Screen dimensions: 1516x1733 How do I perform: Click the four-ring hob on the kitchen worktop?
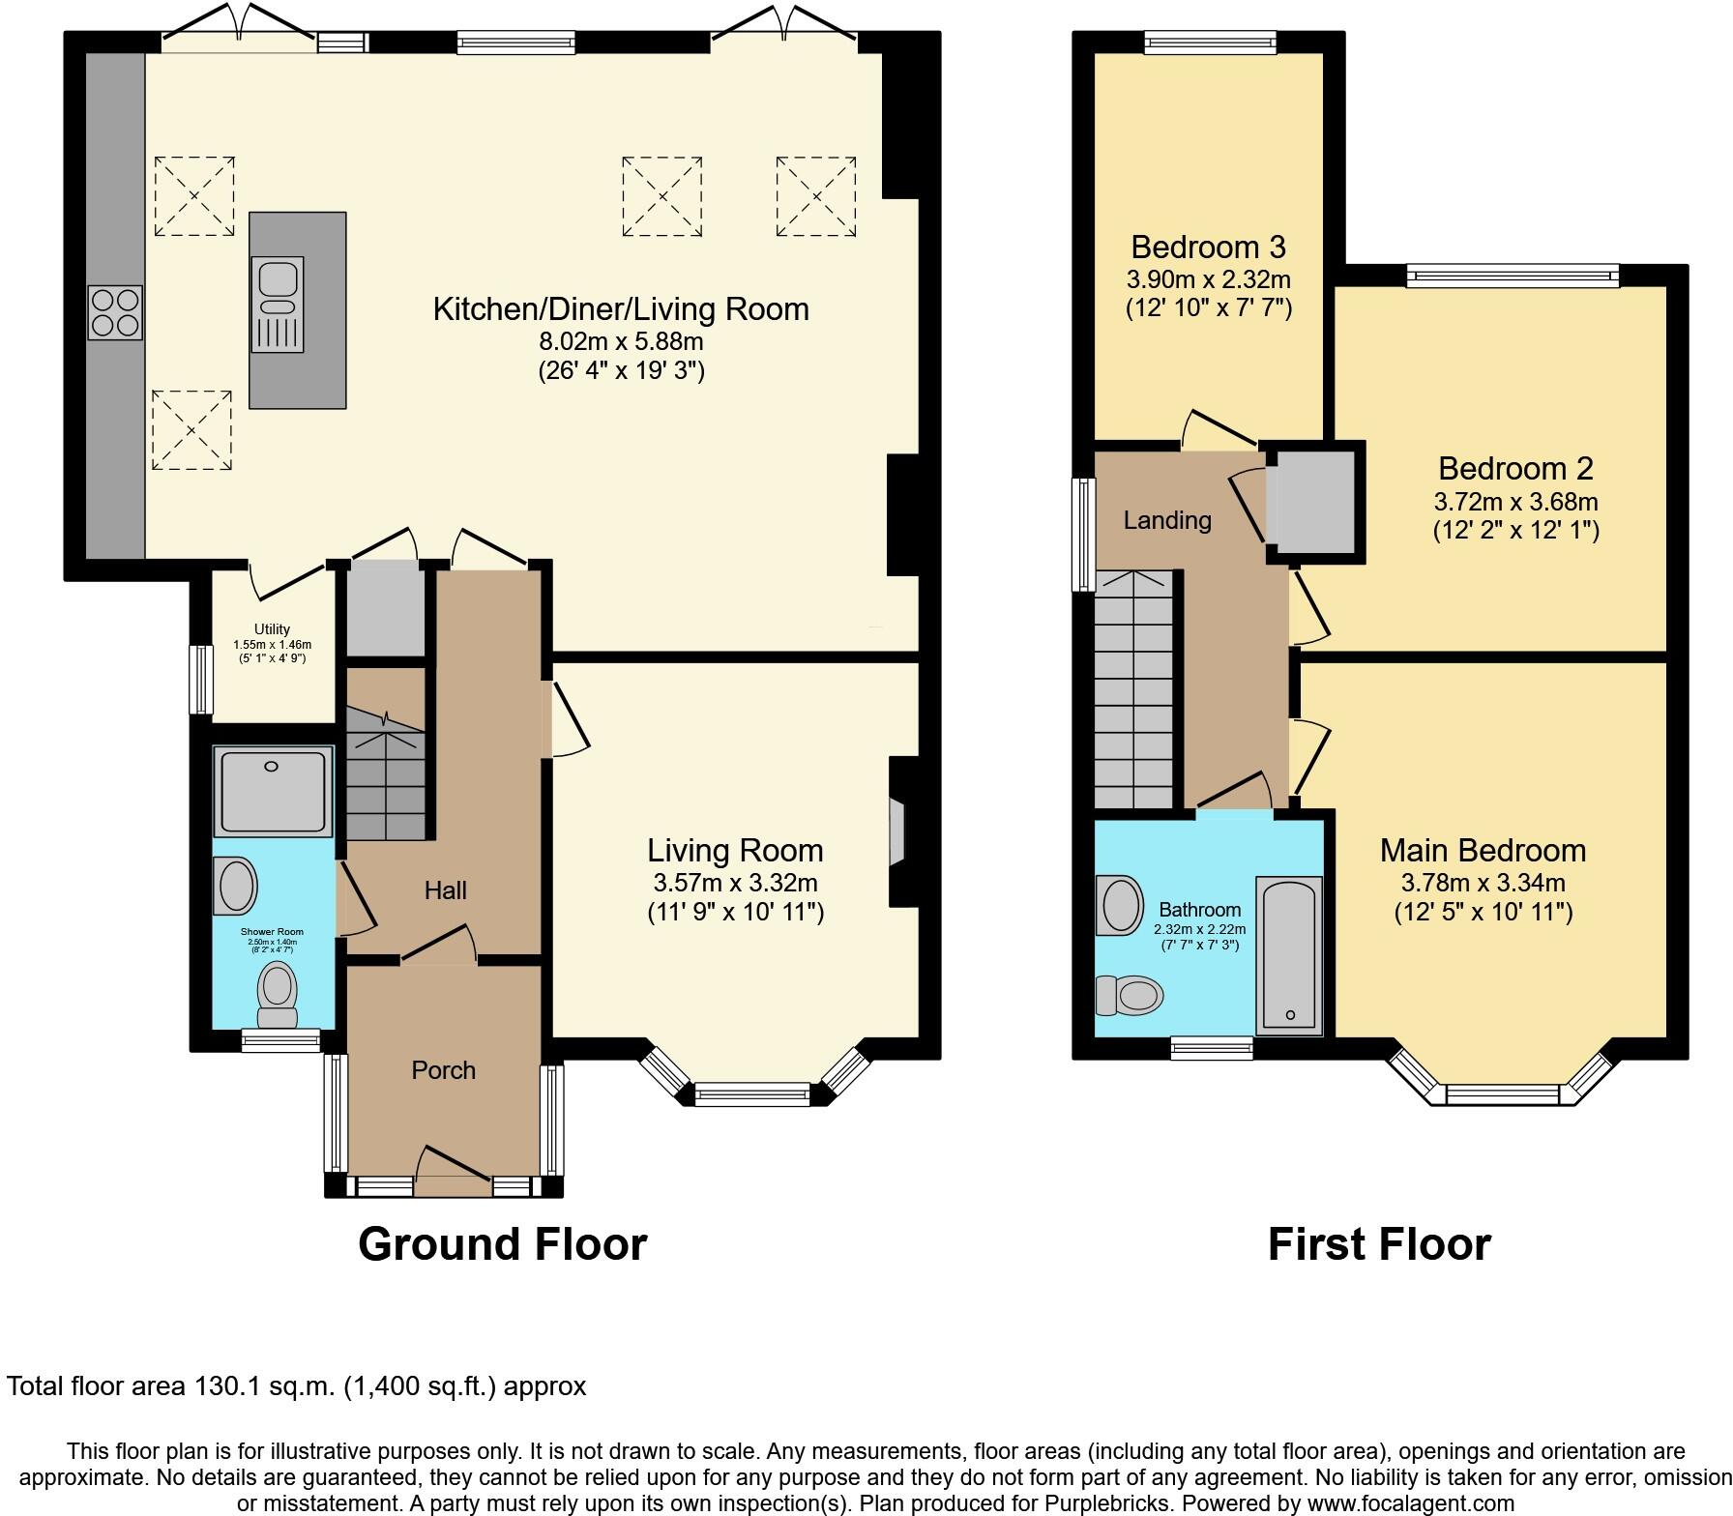[x=115, y=312]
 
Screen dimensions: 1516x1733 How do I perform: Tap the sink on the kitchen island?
[x=278, y=304]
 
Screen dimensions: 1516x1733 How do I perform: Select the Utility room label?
[x=272, y=629]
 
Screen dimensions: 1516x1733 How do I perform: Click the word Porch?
[x=444, y=1070]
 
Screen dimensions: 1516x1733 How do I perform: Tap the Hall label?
[x=445, y=890]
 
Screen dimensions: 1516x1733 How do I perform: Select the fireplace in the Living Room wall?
[x=897, y=831]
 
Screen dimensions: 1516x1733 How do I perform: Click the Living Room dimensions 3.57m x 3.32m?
[x=735, y=883]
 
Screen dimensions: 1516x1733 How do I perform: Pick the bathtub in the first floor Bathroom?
[x=1289, y=955]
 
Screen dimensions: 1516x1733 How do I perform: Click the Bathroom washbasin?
[x=1119, y=906]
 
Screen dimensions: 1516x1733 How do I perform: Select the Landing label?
[x=1167, y=521]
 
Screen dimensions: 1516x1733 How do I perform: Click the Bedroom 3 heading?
[x=1208, y=248]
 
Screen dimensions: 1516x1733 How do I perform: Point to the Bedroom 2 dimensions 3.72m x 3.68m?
[x=1515, y=502]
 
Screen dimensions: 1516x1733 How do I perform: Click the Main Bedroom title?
[x=1483, y=851]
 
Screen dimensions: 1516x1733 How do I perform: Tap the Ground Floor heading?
[x=502, y=1244]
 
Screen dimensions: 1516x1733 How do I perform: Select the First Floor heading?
[x=1379, y=1244]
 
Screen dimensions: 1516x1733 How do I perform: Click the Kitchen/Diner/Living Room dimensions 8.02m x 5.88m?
[x=621, y=341]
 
